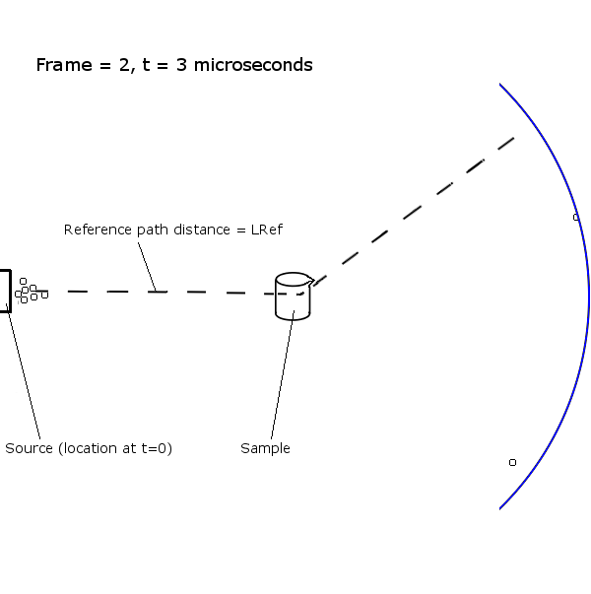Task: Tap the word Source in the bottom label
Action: pos(29,448)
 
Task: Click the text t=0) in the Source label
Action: pos(156,448)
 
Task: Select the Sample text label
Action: pos(265,448)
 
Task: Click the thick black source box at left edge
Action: pos(5,291)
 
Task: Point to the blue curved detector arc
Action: pos(587,296)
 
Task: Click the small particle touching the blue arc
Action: pos(576,217)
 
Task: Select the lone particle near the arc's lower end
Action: pos(512,462)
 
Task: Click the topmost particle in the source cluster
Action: pos(23,281)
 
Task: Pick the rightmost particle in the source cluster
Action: pos(44,295)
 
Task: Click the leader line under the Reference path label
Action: pos(146,264)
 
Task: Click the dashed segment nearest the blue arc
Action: pos(504,144)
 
